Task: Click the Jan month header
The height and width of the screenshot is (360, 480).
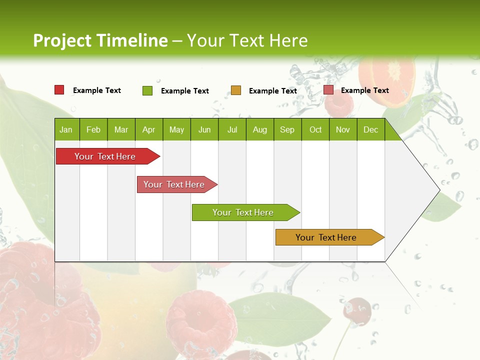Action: click(x=66, y=129)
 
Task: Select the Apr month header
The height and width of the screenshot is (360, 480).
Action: click(x=149, y=129)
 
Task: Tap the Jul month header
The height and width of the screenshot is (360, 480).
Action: click(x=232, y=129)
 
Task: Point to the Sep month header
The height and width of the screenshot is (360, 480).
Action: click(x=287, y=129)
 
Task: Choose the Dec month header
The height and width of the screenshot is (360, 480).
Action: click(x=370, y=129)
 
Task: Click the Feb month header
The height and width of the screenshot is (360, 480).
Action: click(x=93, y=129)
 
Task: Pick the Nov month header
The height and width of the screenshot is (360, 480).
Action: click(x=343, y=129)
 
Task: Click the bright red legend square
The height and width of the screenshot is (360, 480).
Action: click(x=59, y=90)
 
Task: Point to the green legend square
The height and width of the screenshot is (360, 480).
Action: click(x=147, y=90)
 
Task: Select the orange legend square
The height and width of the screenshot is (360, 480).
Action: click(x=236, y=90)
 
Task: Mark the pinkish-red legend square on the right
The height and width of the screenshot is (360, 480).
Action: click(x=328, y=90)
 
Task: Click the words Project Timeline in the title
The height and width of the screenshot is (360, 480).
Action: click(x=100, y=40)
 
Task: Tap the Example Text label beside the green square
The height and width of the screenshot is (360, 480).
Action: click(x=184, y=91)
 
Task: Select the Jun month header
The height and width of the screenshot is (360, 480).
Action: click(x=204, y=129)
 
